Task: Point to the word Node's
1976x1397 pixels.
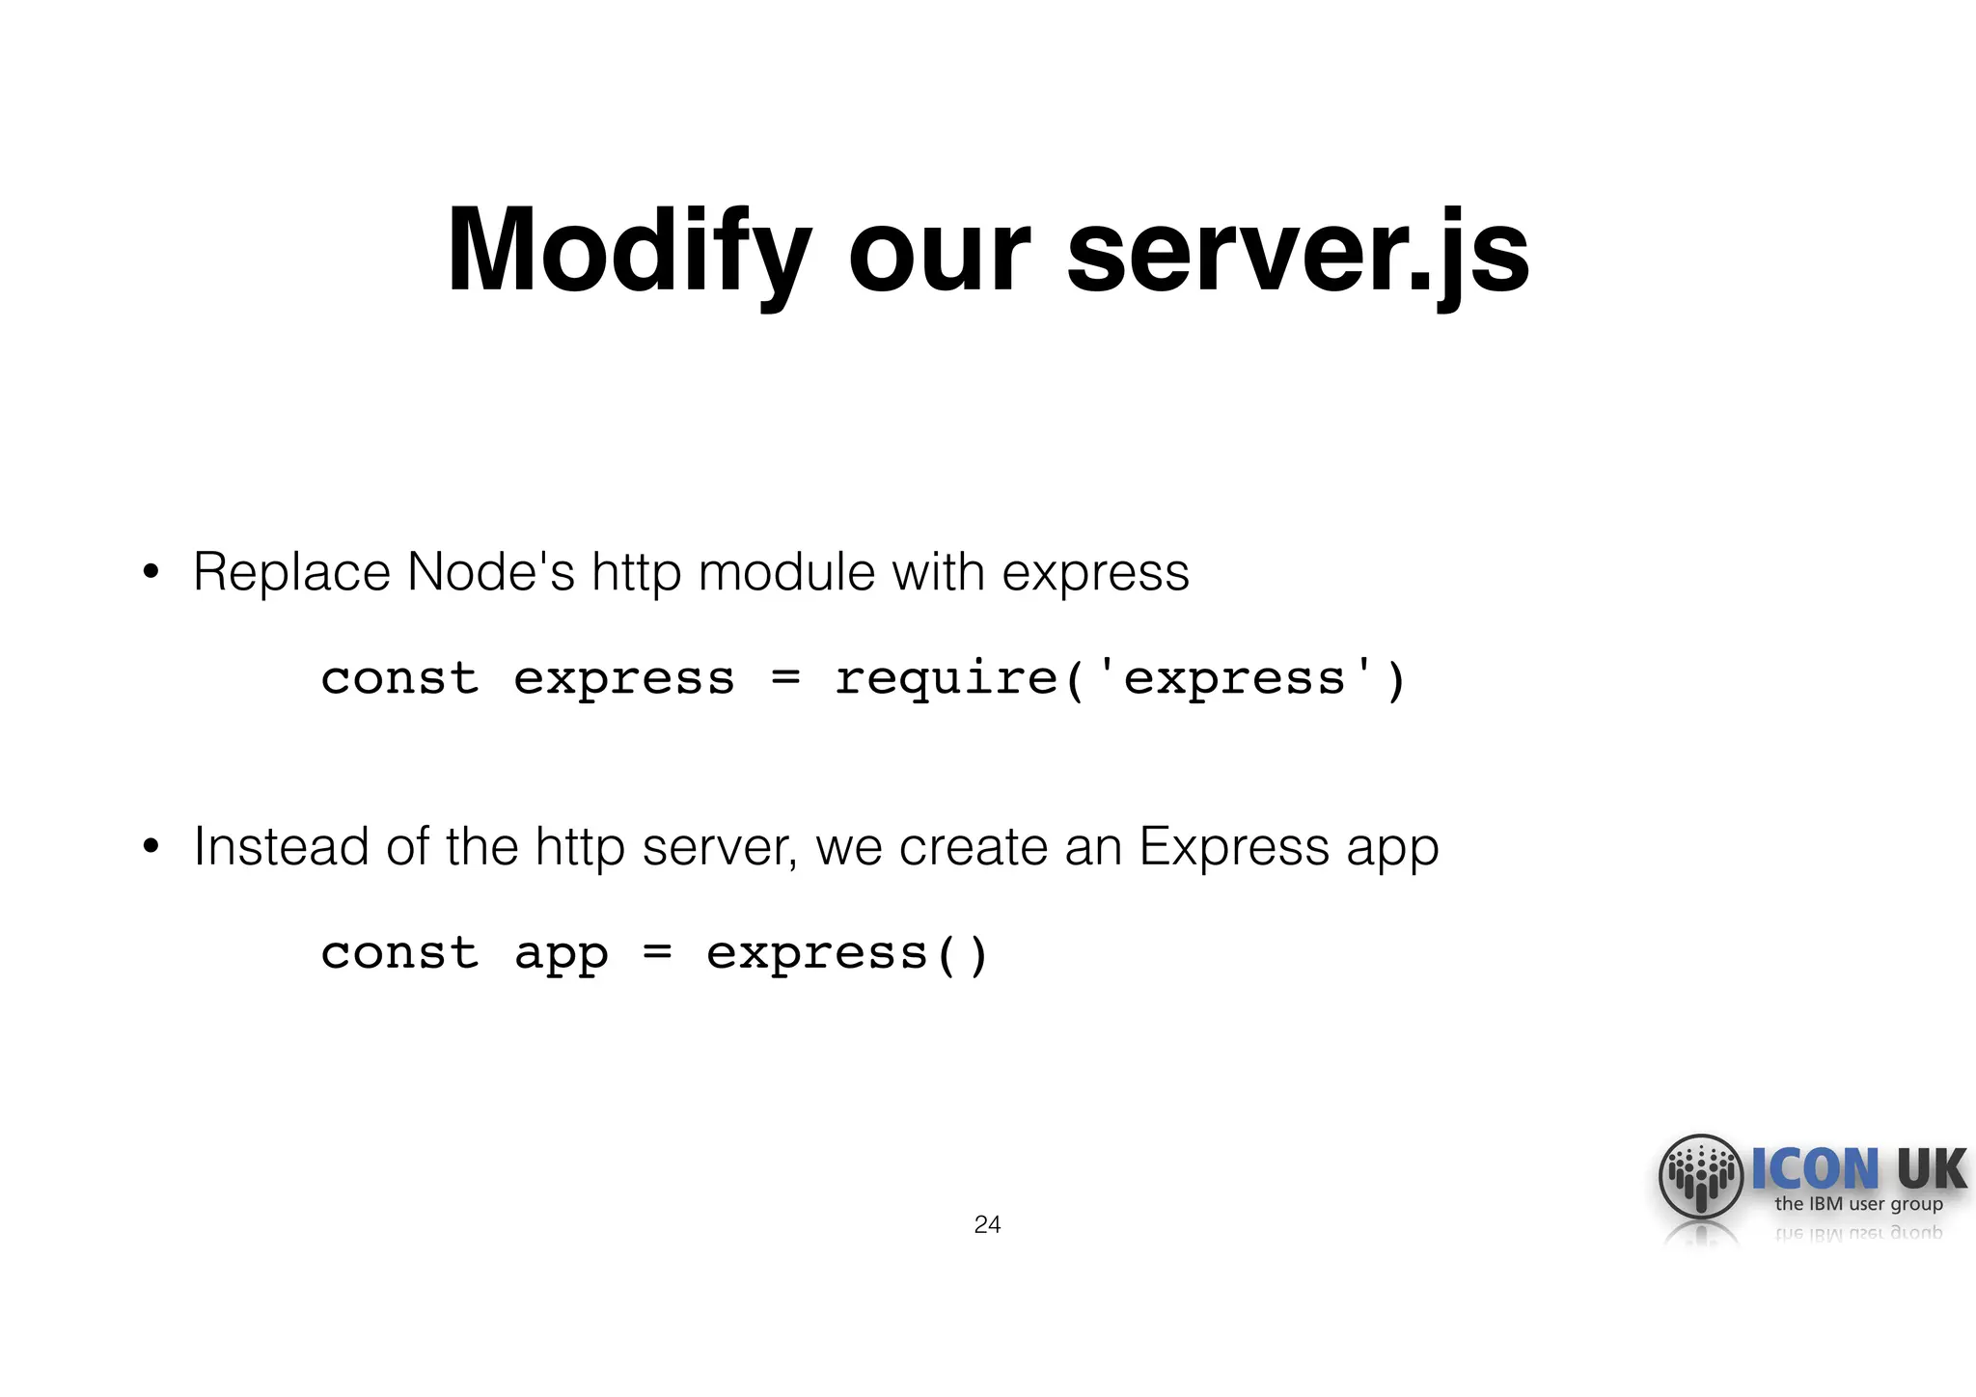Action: tap(490, 572)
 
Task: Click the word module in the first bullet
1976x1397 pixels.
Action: tap(785, 572)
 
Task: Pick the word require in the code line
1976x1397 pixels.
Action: tap(946, 678)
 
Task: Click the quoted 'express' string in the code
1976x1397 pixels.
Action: tap(1234, 678)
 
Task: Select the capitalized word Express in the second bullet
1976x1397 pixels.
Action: tap(1234, 847)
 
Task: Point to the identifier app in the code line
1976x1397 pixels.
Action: tap(561, 955)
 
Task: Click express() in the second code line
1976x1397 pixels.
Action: tap(847, 955)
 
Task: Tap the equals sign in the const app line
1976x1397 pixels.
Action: tap(657, 953)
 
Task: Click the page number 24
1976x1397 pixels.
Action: tap(987, 1225)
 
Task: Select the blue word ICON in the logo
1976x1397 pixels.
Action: tap(1815, 1169)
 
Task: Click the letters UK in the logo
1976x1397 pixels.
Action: tap(1931, 1169)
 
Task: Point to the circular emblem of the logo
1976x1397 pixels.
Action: tap(1701, 1177)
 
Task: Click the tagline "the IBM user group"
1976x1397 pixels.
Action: tap(1858, 1204)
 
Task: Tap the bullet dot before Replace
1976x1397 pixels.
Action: tap(150, 573)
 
